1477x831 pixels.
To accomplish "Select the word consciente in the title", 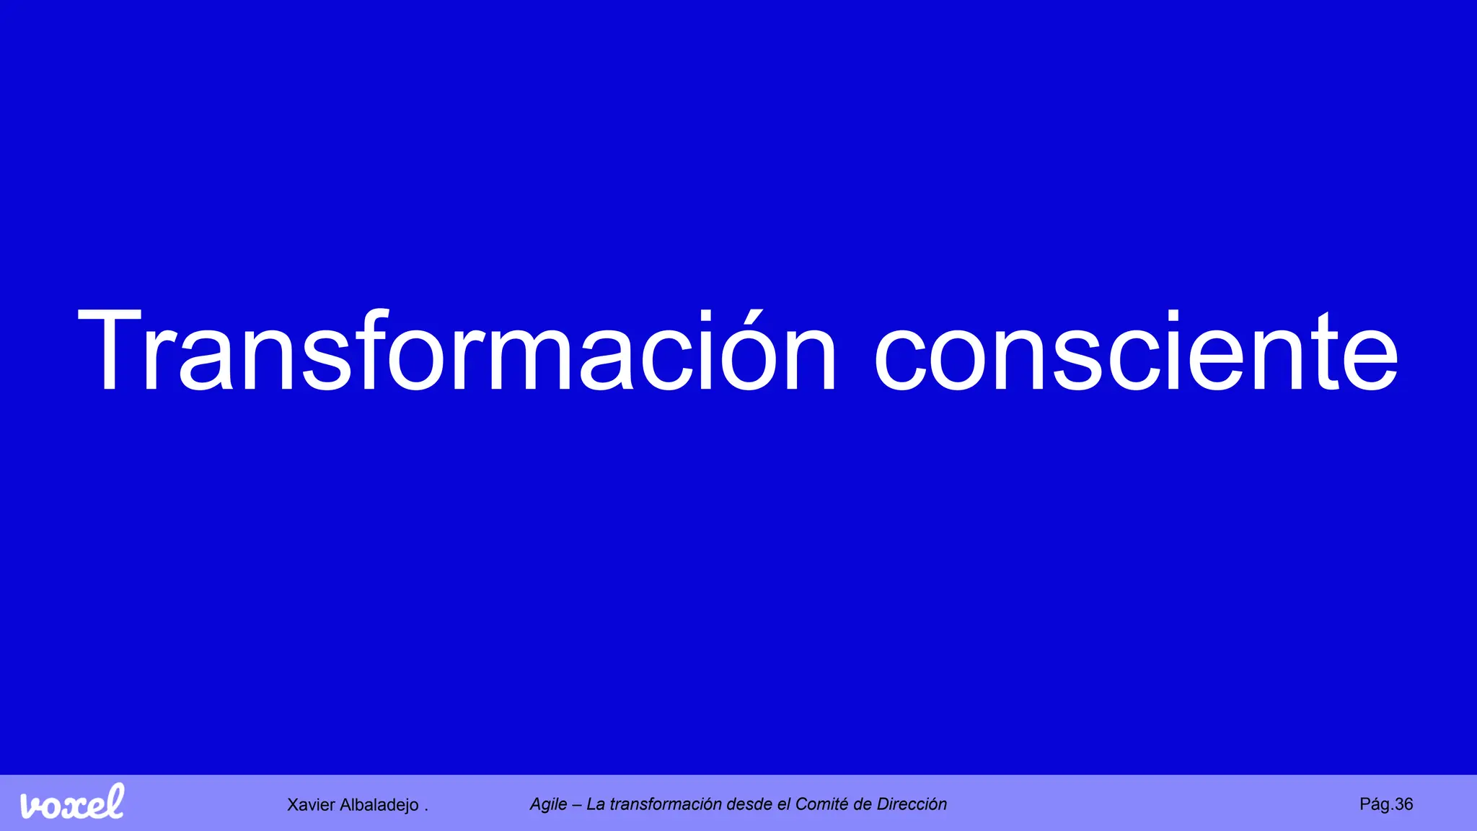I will (x=1135, y=351).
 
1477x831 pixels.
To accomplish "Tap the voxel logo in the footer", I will (x=72, y=802).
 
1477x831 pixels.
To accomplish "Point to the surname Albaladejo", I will (x=379, y=805).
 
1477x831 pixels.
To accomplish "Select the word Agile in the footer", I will (x=548, y=804).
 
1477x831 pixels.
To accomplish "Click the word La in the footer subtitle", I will (x=596, y=804).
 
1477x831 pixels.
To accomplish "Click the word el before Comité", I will (x=784, y=804).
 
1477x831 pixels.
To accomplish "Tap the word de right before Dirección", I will (x=862, y=804).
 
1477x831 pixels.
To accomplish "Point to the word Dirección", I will (x=912, y=804).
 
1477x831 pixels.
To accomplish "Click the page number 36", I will (x=1403, y=804).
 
